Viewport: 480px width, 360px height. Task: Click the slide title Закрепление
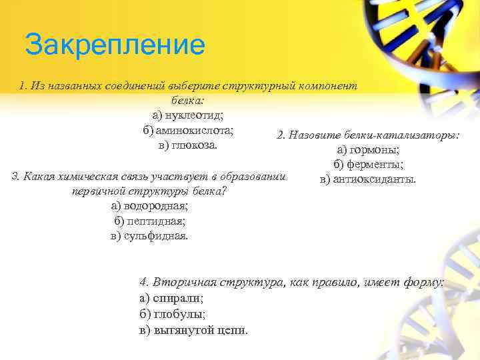[114, 45]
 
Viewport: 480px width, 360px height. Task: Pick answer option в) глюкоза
[187, 145]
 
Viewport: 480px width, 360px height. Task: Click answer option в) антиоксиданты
[368, 179]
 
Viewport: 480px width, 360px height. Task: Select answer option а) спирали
[172, 298]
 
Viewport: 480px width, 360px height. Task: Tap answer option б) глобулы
[172, 314]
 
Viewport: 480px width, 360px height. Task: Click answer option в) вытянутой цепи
[194, 330]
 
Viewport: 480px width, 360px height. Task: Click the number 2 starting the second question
[279, 135]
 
